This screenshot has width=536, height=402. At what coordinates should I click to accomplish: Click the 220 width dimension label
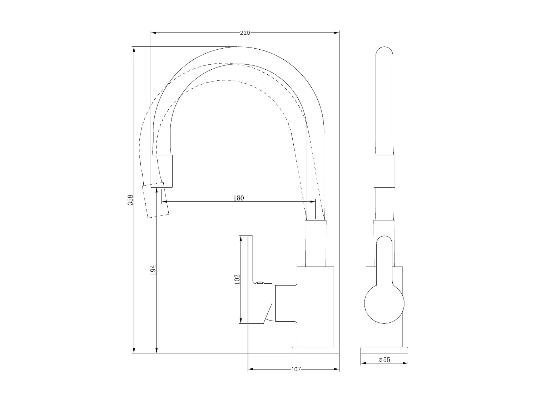pyautogui.click(x=244, y=33)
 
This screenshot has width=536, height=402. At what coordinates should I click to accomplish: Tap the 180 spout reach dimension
pyautogui.click(x=238, y=198)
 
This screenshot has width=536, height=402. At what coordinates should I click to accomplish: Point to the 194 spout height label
pyautogui.click(x=153, y=270)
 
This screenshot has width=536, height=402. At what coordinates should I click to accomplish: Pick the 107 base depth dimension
pyautogui.click(x=296, y=369)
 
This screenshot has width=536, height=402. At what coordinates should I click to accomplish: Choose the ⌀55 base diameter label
pyautogui.click(x=384, y=360)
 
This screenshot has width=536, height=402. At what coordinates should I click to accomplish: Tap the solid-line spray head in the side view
pyautogui.click(x=162, y=171)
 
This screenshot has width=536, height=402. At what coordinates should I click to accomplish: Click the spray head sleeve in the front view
pyautogui.click(x=384, y=171)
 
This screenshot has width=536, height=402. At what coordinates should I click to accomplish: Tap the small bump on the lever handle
pyautogui.click(x=260, y=283)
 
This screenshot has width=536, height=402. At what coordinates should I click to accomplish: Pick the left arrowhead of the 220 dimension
pyautogui.click(x=154, y=33)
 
